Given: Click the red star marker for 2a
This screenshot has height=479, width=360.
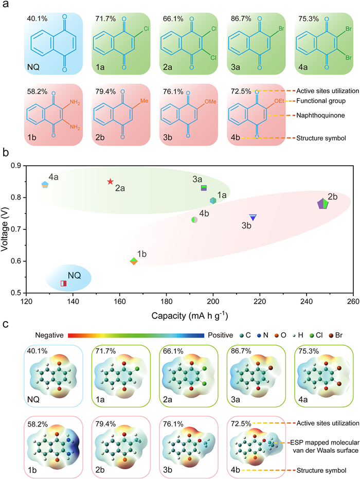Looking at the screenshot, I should pos(110,182).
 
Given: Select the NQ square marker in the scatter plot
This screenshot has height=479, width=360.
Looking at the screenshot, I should pos(64,283).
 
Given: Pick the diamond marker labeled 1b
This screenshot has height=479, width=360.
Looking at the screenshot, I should pos(134,261).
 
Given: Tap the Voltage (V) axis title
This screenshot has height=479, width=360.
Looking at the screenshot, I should pos(6,228).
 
